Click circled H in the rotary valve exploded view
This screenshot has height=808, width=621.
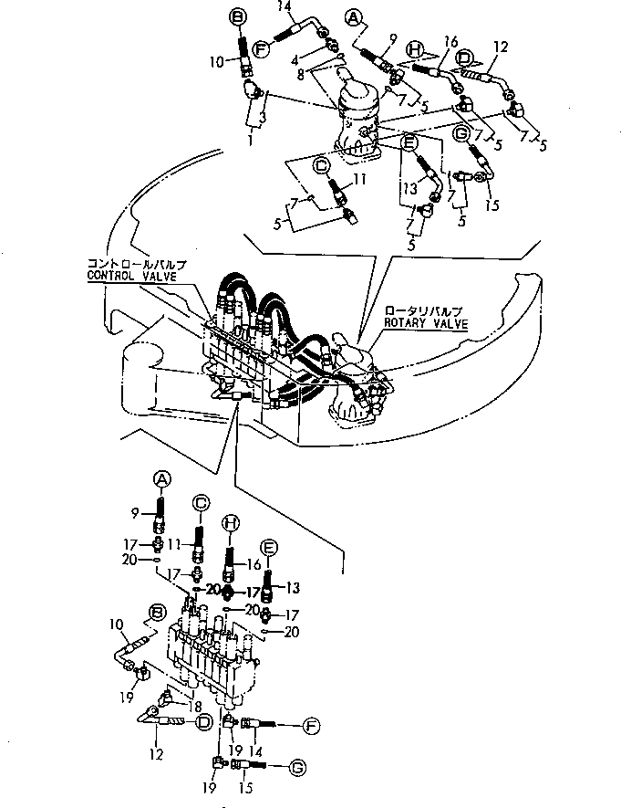point(416,49)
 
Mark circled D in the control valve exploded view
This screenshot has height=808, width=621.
point(204,721)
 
